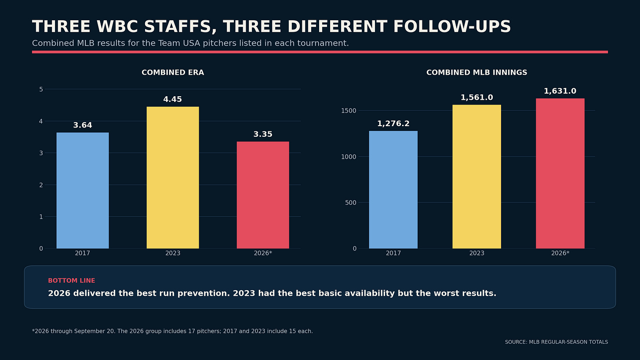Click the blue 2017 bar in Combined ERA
[x=83, y=190]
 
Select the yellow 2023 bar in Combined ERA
[x=173, y=178]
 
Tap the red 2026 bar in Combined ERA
[x=263, y=195]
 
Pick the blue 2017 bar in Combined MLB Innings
[x=393, y=190]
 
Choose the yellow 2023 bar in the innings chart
[x=476, y=177]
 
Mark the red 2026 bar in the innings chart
[x=560, y=174]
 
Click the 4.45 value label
[x=173, y=99]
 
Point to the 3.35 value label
[x=263, y=134]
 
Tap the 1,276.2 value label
[x=393, y=124]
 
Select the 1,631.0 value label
[x=560, y=91]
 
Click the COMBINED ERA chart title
[x=173, y=73]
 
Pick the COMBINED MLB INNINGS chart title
[x=477, y=73]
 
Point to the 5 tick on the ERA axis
[x=41, y=89]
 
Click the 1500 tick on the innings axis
[x=349, y=111]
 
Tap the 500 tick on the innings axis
[x=351, y=203]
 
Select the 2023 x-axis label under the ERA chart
[x=173, y=253]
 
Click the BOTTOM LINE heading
[x=71, y=280]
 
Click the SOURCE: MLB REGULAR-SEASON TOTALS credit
[x=556, y=342]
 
